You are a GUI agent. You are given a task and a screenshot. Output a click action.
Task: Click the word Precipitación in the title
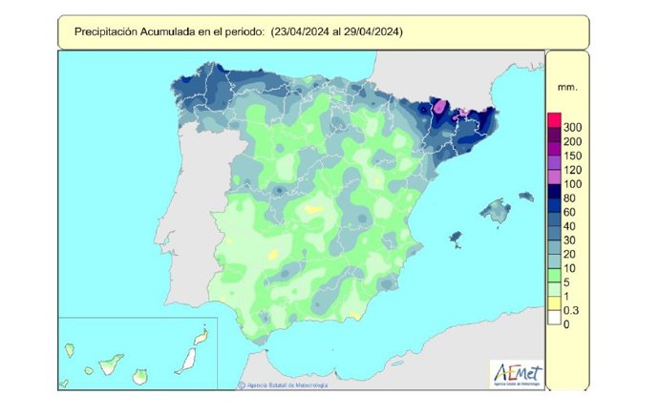[x=104, y=31]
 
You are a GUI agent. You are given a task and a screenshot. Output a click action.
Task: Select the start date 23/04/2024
[x=302, y=31]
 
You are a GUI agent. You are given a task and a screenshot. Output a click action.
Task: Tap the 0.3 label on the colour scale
[x=573, y=310]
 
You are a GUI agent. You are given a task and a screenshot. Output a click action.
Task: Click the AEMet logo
[x=517, y=373]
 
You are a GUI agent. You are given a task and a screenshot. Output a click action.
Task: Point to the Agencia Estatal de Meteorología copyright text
[x=287, y=385]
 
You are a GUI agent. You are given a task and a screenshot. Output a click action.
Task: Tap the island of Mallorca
[x=495, y=208]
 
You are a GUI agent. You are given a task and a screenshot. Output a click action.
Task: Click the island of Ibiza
[x=456, y=235]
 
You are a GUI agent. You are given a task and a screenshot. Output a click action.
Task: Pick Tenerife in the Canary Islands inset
[x=113, y=364]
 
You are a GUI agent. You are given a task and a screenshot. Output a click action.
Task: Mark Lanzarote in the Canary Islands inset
[x=202, y=337]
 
